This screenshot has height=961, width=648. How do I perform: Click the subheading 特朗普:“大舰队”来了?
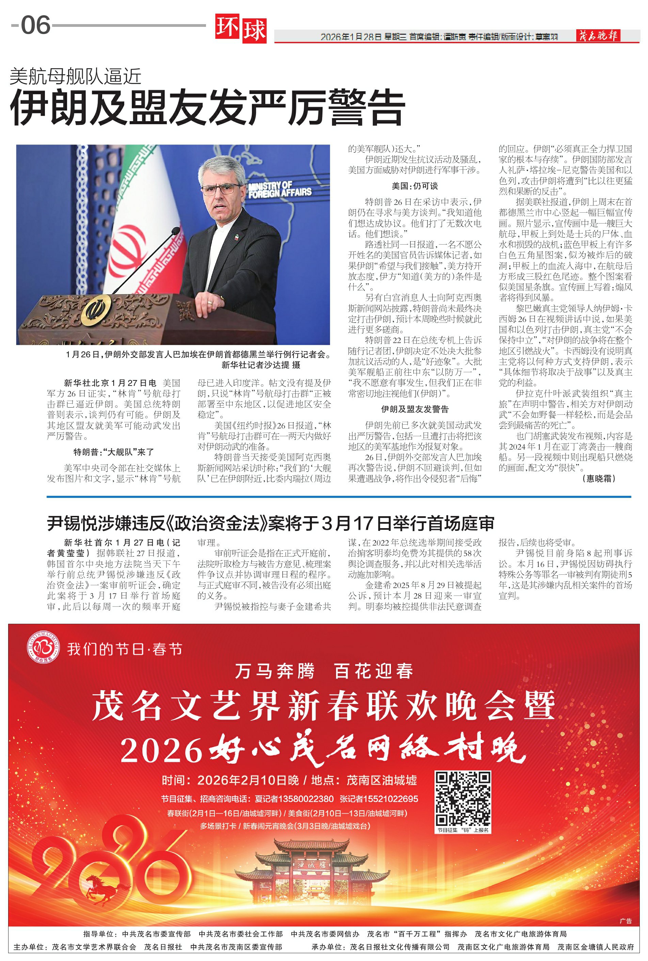point(114,452)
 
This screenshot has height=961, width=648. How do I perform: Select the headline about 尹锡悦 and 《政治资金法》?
point(270,523)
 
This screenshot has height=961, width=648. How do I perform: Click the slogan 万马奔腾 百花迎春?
point(323,671)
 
